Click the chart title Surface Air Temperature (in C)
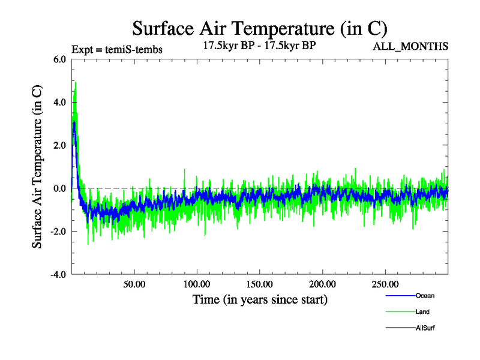tap(260, 28)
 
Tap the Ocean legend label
tap(425, 296)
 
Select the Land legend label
tap(422, 312)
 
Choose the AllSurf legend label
tap(425, 328)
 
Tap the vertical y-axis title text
tap(37, 167)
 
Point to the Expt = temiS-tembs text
tap(116, 49)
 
